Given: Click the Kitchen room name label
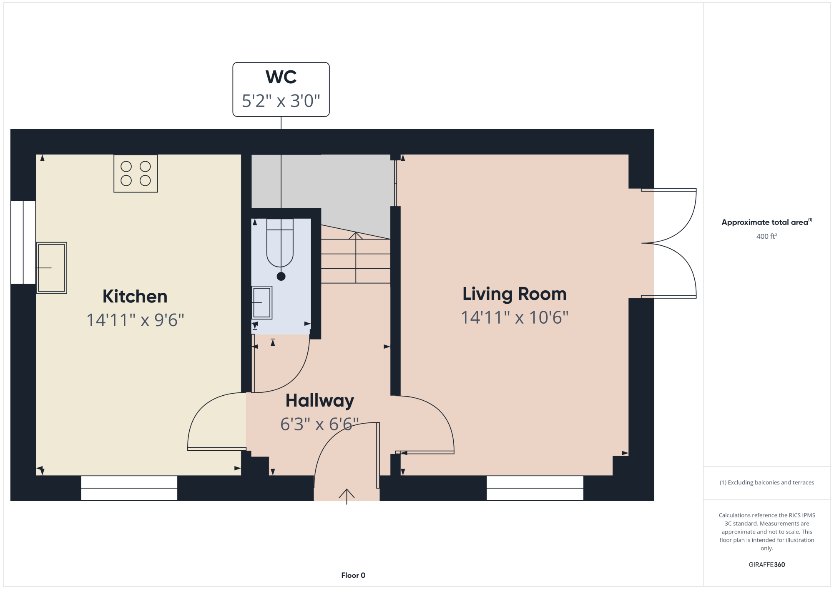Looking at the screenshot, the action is coord(135,296).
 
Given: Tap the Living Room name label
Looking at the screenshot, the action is coord(515,294).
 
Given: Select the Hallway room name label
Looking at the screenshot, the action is coord(320,401).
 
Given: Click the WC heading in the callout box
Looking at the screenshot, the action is coord(281,77).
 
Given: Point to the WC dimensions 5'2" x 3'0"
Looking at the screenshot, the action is coord(281,101).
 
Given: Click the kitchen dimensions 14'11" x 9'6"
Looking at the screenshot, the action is coord(135,320).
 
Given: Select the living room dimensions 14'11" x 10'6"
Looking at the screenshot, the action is coord(515,317).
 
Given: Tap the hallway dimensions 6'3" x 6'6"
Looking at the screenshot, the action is coord(319,424).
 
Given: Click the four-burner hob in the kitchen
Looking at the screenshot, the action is coord(136,173).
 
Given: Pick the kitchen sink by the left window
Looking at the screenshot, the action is coord(51,268).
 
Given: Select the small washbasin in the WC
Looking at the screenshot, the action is coord(262,302).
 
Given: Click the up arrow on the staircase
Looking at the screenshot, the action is coord(356,257).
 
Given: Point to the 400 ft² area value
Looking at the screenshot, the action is coord(767,236).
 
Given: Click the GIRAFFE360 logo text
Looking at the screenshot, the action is coord(767,565).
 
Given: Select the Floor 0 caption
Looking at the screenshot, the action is coord(353,575).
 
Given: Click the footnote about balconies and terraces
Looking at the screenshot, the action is coord(767,482).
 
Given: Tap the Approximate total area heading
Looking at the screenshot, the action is coord(767,222).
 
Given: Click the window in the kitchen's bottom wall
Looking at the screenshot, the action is coord(129,488).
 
